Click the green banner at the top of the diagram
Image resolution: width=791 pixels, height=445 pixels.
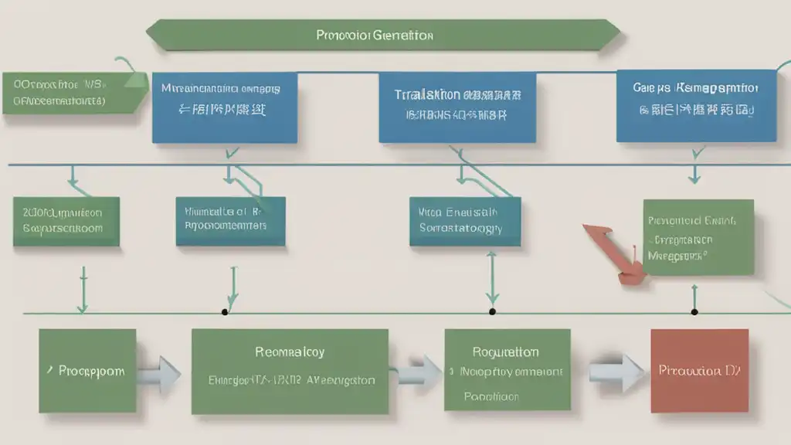pos(382,36)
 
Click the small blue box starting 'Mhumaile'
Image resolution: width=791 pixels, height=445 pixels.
pos(230,221)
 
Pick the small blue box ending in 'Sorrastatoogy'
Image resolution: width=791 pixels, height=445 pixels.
pos(464,221)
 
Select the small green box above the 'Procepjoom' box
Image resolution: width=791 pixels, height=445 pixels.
pos(67,221)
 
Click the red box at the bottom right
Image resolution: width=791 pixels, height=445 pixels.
pos(699,370)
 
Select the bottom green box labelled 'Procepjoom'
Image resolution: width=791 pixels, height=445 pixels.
pos(87,370)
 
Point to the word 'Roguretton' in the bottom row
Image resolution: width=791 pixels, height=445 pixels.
pos(507,352)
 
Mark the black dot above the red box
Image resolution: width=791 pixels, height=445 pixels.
pos(694,312)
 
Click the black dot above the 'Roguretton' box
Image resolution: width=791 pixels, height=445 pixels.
pos(492,312)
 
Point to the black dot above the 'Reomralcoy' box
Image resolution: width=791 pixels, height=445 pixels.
pos(225,312)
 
